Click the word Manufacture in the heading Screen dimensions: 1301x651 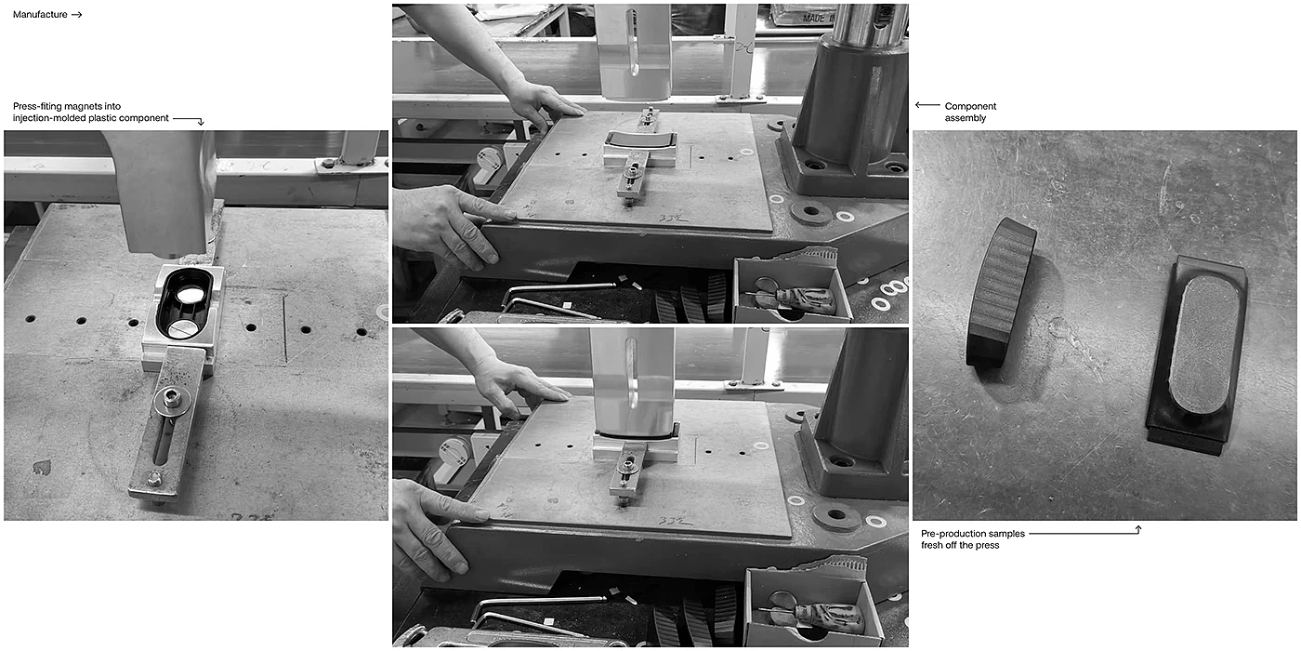pos(40,15)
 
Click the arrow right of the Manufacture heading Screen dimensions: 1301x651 pos(76,15)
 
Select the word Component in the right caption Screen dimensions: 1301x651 pos(970,106)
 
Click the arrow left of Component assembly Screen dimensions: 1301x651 pos(927,105)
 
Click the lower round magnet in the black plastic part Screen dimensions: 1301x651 pos(183,328)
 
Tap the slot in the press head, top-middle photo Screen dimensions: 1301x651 pos(634,49)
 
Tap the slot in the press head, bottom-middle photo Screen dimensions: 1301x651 pos(631,373)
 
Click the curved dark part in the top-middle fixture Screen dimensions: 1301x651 pos(641,139)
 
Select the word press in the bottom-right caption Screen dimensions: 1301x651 pos(987,546)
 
